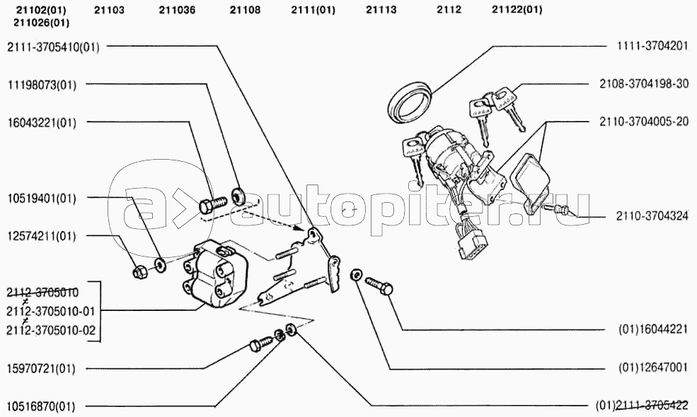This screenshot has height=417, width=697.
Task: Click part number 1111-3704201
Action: [652, 46]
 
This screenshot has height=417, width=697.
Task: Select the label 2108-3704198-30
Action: [644, 83]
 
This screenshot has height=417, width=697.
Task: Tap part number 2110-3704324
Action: [652, 216]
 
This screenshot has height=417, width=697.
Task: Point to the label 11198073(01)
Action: [42, 84]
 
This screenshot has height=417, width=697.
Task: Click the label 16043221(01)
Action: [42, 122]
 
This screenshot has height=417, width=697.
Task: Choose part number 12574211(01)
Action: [42, 236]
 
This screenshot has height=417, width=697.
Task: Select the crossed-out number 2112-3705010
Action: [42, 292]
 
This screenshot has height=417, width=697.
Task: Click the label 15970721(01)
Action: [41, 369]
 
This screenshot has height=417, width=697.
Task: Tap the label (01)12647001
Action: [653, 368]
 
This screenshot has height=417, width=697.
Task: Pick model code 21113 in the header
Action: [381, 9]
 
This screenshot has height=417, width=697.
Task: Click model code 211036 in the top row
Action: [177, 9]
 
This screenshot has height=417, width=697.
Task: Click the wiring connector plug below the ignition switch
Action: [472, 242]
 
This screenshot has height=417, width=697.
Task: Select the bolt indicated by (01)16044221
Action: [379, 286]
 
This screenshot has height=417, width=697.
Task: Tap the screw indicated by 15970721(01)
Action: [260, 343]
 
